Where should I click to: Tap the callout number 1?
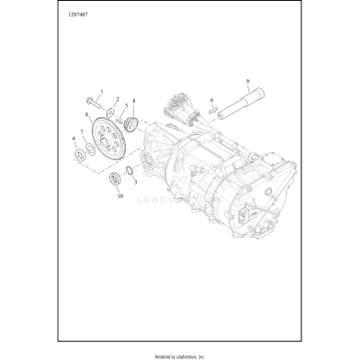(102, 93)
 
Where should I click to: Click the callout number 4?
(73, 138)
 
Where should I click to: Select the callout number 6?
(211, 101)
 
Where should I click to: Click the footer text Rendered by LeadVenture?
(180, 353)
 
